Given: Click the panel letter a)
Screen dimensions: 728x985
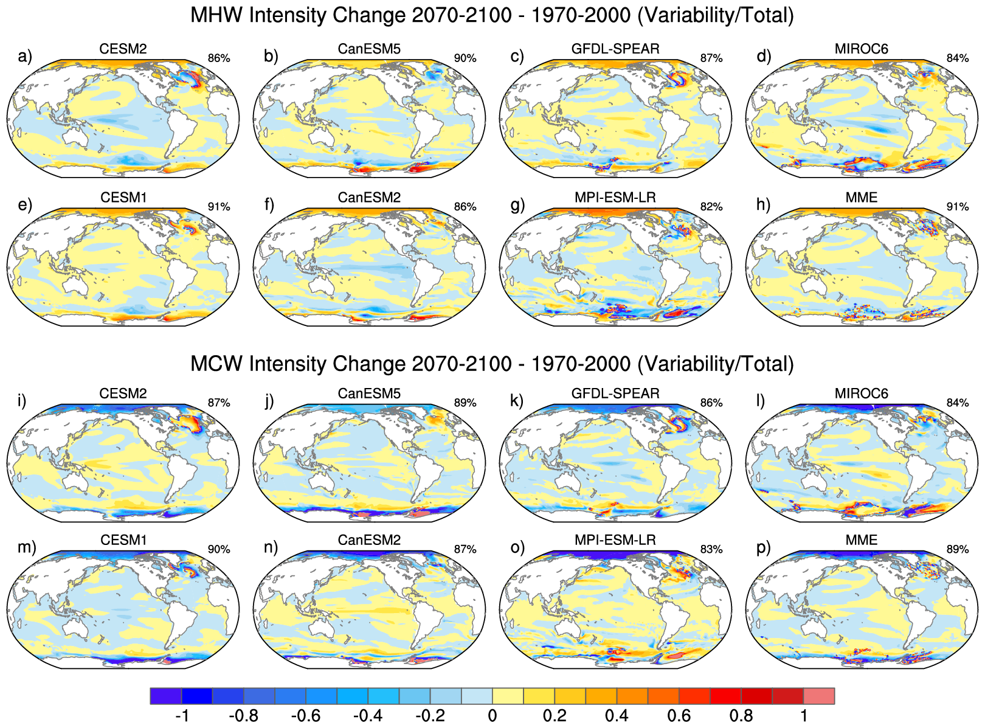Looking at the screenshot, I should (x=24, y=57).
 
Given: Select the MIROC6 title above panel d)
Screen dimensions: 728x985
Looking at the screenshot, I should (x=861, y=49).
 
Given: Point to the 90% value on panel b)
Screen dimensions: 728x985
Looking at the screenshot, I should (x=465, y=58).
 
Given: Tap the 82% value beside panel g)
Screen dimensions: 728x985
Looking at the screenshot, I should (x=711, y=207).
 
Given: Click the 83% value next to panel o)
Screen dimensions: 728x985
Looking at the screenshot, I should (x=711, y=549).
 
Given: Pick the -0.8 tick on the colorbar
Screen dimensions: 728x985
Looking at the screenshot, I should (x=244, y=716).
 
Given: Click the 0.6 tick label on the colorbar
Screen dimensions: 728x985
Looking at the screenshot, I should (x=679, y=716).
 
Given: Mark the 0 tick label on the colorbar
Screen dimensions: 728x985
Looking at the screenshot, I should (x=493, y=716).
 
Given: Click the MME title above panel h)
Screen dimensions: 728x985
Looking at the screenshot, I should (x=861, y=198).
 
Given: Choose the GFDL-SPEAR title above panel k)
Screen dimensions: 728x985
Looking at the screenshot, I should (x=615, y=393).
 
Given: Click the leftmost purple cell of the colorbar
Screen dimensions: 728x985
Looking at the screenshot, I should (x=166, y=696).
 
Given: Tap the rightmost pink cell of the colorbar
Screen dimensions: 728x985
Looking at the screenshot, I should (x=818, y=696).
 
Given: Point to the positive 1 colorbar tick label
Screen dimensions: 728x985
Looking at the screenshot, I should (x=803, y=716).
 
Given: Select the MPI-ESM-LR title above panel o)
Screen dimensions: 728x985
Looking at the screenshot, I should (x=615, y=540).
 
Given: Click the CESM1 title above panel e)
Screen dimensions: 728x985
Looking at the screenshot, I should (x=123, y=198).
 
